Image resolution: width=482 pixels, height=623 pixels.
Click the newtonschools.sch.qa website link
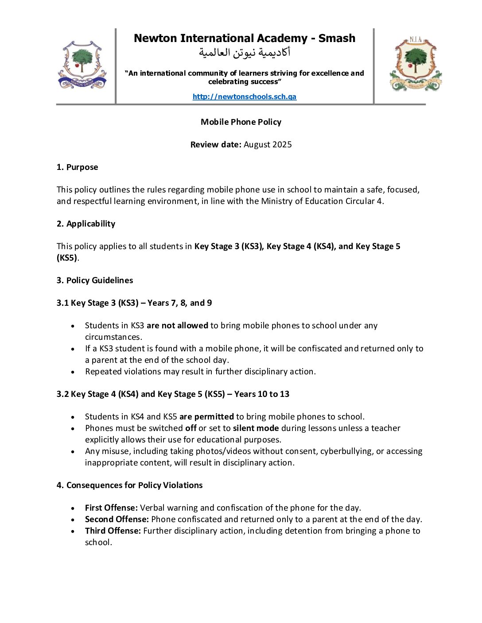click(x=244, y=96)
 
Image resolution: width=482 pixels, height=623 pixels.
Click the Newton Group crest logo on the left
click(x=82, y=65)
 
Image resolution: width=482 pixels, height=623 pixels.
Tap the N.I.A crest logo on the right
click(x=416, y=64)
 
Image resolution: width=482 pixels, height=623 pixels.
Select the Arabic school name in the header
click(x=244, y=53)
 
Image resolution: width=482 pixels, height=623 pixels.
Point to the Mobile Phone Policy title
click(x=241, y=122)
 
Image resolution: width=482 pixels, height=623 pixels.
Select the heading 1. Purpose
click(x=77, y=167)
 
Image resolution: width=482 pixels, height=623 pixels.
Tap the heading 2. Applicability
click(x=86, y=224)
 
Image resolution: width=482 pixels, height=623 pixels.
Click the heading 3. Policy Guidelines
click(x=95, y=281)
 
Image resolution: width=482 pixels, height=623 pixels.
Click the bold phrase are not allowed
click(x=177, y=326)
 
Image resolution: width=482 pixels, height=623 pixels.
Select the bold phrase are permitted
click(x=206, y=417)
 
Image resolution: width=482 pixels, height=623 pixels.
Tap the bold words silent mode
click(x=256, y=428)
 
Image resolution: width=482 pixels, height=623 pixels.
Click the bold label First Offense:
click(x=111, y=508)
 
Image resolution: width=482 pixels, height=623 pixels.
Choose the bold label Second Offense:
click(x=117, y=519)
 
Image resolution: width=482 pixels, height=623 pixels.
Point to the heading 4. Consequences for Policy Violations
click(x=129, y=485)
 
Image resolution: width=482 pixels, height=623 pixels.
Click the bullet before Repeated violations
click(x=73, y=372)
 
